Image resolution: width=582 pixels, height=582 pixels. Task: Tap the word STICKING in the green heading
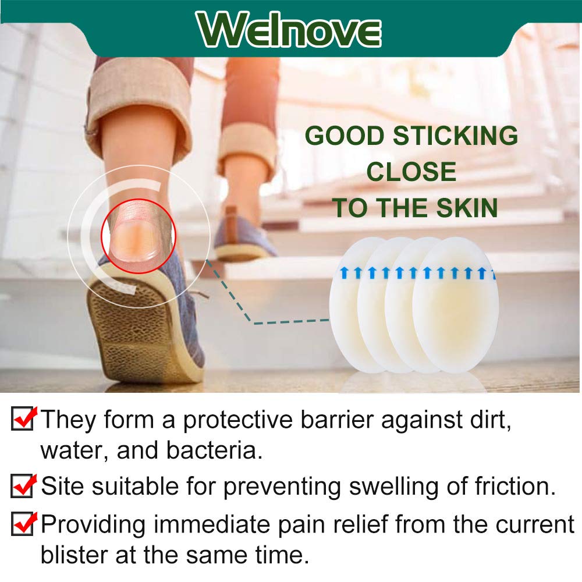[455, 136]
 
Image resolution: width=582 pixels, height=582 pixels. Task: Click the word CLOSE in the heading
[411, 172]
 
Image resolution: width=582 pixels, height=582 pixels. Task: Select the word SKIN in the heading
[465, 208]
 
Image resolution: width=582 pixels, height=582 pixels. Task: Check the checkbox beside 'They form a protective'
[22, 420]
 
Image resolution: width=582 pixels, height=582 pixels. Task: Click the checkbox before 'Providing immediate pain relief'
[22, 524]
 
